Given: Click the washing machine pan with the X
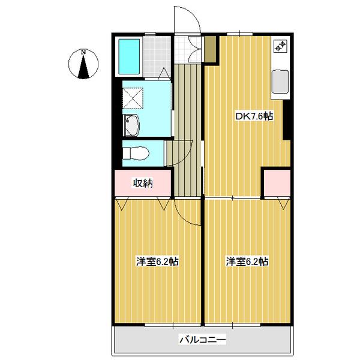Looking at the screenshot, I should tap(133, 97).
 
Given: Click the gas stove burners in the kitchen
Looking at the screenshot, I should tap(280, 45).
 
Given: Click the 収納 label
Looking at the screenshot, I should tap(143, 183).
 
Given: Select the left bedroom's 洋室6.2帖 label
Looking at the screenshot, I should tap(157, 262).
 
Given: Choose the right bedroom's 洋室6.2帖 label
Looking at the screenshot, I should tap(247, 262).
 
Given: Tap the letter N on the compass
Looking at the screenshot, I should tap(85, 52).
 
